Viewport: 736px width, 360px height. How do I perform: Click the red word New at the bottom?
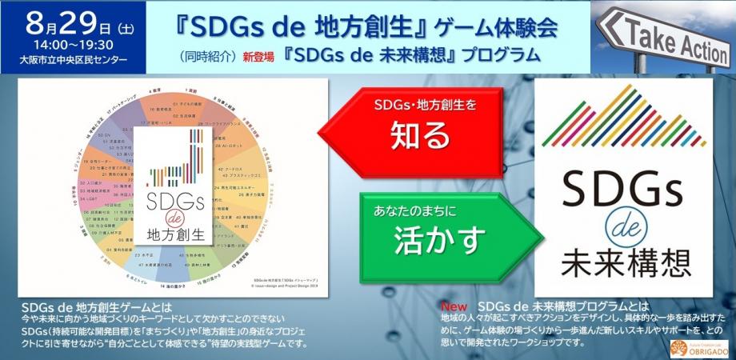click(454, 306)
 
